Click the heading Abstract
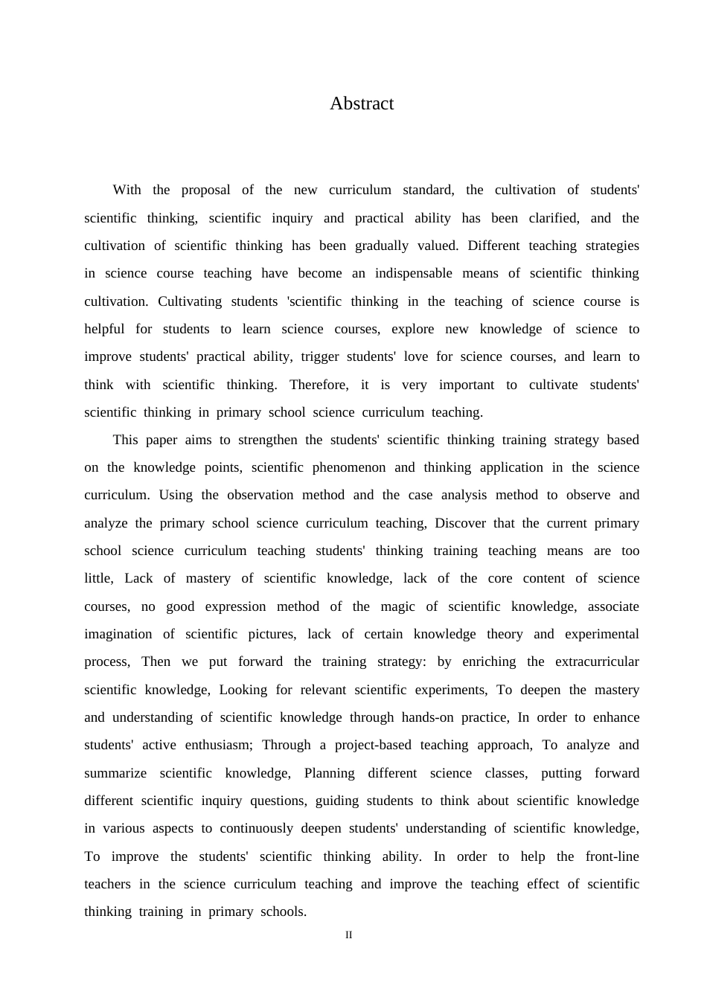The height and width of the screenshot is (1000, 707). pos(362,103)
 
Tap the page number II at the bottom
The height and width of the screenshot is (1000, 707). pos(348,935)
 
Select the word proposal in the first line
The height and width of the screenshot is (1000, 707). pos(205,190)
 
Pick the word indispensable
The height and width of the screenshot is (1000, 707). pos(413,273)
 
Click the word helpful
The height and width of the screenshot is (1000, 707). pos(104,329)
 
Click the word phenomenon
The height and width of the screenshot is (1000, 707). pos(349,467)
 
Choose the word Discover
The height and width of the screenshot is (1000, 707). pos(459,523)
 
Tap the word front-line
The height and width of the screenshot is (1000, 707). pos(612,856)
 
